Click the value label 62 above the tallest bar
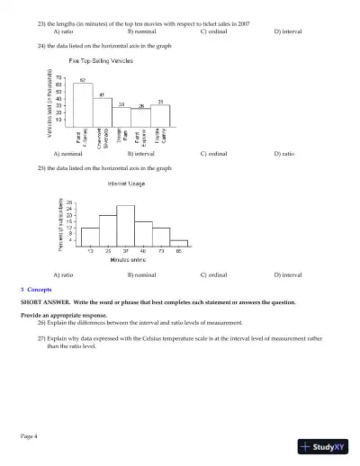click(83, 80)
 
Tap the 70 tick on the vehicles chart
click(58, 76)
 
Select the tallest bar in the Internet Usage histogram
click(125, 225)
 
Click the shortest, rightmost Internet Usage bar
click(178, 242)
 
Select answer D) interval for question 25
click(288, 273)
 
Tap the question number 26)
click(42, 321)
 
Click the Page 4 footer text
click(29, 435)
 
